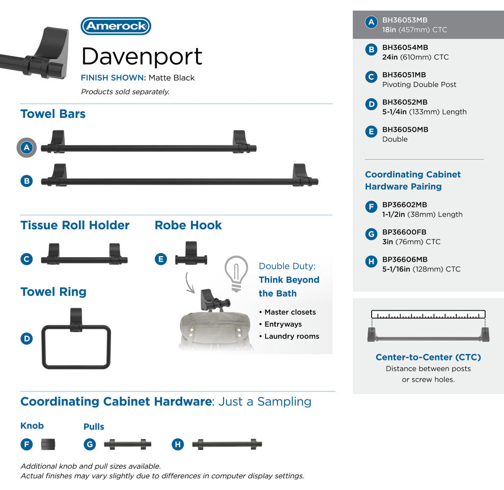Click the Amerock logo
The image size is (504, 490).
(116, 26)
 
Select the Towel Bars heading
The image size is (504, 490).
(53, 114)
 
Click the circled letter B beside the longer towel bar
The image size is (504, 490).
(27, 180)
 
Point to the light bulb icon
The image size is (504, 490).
(236, 273)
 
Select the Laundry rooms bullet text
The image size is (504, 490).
(292, 336)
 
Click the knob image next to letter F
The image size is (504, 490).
(48, 444)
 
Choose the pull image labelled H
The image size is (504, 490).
(227, 444)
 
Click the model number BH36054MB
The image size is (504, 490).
(405, 47)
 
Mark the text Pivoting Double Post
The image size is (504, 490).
(419, 84)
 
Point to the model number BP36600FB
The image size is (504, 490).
(404, 232)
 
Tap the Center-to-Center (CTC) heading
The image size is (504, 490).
(428, 357)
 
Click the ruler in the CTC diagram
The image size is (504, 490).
(428, 314)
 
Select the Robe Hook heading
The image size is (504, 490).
(188, 225)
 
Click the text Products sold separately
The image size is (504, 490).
(125, 92)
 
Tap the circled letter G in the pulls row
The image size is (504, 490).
(90, 444)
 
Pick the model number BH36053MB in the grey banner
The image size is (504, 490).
(405, 20)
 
